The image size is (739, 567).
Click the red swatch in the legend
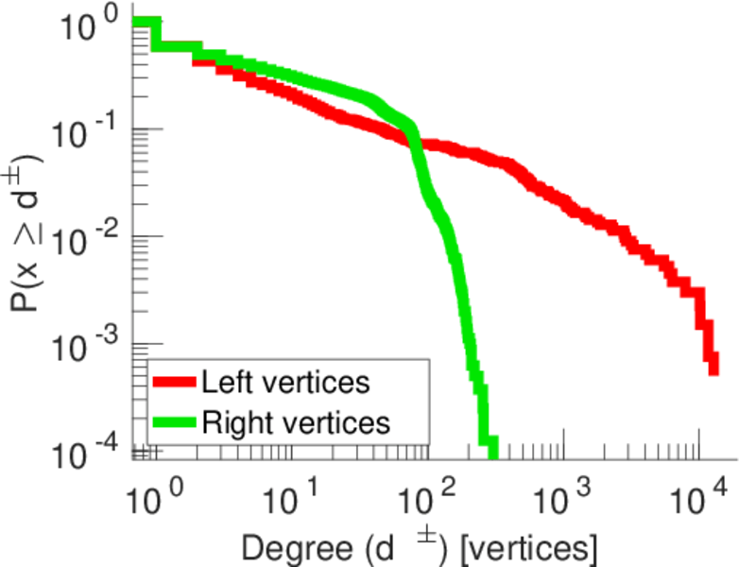(x=174, y=383)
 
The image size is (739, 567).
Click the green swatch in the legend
(x=174, y=421)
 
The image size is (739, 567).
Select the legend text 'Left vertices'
(x=284, y=383)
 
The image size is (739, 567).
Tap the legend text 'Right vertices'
(x=294, y=421)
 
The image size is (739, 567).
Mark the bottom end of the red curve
(x=713, y=369)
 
